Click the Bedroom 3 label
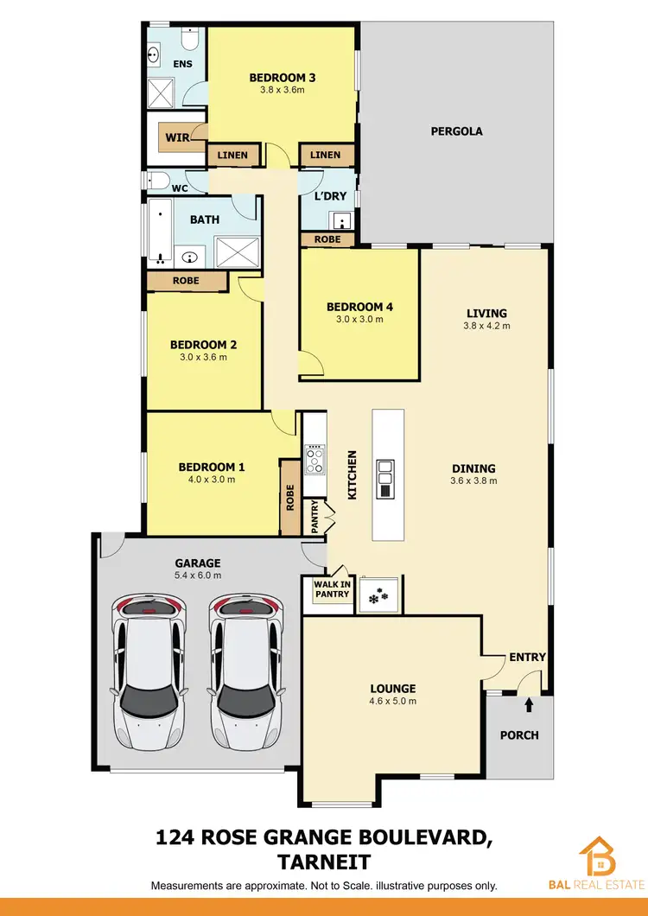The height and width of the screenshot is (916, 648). click(282, 77)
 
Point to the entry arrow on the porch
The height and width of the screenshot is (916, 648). click(529, 705)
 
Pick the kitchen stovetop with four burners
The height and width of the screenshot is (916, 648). click(313, 458)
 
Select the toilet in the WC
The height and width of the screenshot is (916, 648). click(158, 181)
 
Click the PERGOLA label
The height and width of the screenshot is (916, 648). click(456, 132)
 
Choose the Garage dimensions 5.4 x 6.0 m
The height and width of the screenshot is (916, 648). click(200, 576)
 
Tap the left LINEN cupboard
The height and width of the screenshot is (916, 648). click(232, 156)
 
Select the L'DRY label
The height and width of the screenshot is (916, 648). click(329, 196)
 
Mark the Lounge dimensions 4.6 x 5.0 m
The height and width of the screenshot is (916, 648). click(393, 701)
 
